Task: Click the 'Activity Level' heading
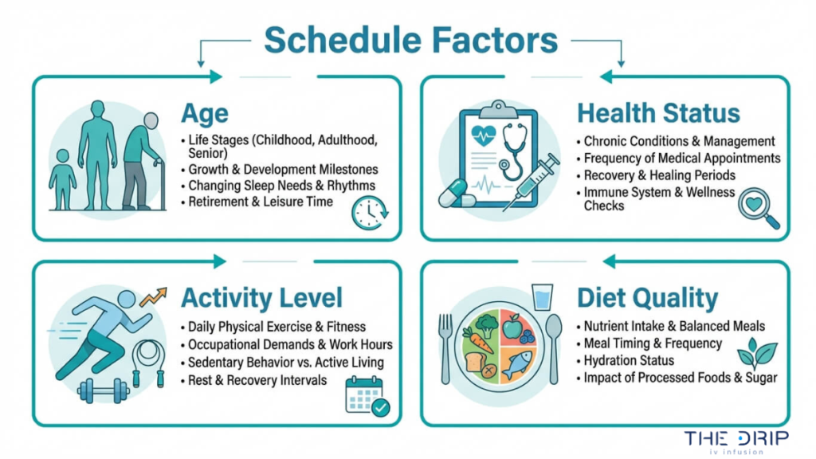tap(262, 298)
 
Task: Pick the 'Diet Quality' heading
tap(648, 298)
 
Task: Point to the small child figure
tap(62, 178)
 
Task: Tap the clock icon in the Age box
tap(369, 213)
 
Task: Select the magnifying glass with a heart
tap(758, 208)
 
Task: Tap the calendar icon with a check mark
tap(365, 395)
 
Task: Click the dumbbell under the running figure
tap(104, 390)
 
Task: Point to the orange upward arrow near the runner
tap(153, 296)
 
